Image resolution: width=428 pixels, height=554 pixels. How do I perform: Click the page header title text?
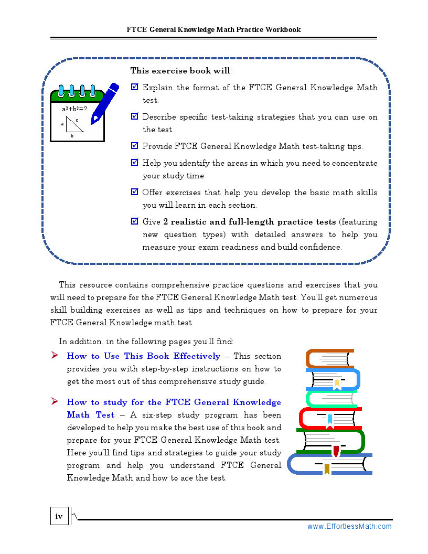coord(213,29)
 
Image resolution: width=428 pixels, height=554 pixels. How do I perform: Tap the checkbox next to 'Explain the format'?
coord(135,87)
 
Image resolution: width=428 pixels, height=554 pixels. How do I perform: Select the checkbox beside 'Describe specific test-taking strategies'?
coord(135,116)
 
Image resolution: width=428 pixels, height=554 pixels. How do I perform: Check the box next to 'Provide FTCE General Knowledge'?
coord(135,146)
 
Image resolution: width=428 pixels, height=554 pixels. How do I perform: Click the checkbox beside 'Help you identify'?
coord(135,163)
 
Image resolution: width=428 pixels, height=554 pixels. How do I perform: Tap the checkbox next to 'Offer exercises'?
coord(135,192)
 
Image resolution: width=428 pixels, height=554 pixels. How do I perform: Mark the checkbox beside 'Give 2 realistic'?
coord(135,221)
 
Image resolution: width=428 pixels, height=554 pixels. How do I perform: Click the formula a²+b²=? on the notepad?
coord(74,109)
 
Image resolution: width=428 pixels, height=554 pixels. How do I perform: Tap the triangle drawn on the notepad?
coord(74,125)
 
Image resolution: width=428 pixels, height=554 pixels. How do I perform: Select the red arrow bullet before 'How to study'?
coord(55,402)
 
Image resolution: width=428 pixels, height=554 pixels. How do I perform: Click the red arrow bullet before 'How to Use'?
coord(55,356)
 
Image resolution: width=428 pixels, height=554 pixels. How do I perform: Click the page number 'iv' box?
coord(59,516)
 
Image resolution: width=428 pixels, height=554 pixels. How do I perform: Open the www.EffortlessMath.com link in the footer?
coord(349,526)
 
